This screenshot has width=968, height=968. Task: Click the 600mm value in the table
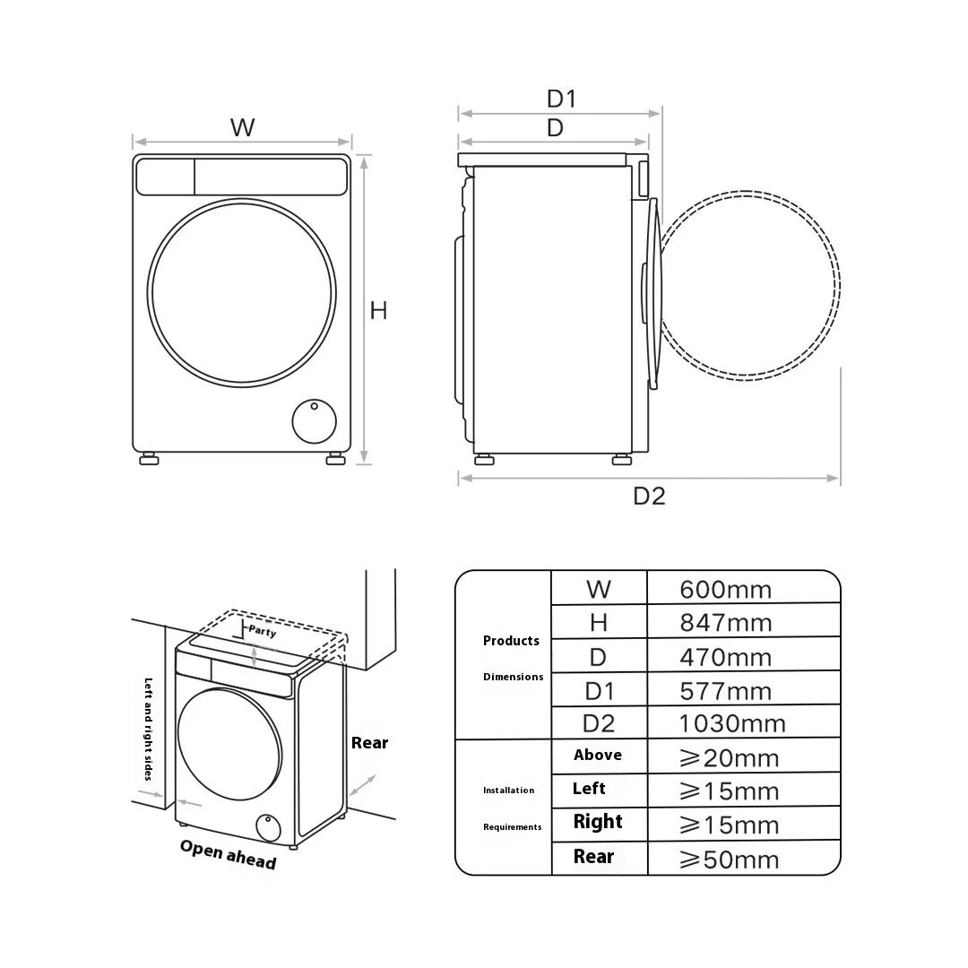pos(725,590)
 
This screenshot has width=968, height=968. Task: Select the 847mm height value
pos(726,623)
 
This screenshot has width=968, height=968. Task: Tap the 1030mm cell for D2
pos(732,723)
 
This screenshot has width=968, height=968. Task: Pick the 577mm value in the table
pos(726,691)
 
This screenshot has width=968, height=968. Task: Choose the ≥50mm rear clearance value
pos(729,860)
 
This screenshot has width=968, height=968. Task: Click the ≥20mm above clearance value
pos(729,758)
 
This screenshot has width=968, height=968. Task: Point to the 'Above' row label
pos(598,755)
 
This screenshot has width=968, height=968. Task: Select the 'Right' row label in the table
pos(598,822)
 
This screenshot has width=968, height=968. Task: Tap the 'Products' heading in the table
pos(511,641)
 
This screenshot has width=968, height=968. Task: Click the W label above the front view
pos(243,128)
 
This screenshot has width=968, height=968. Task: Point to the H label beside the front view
pos(378,310)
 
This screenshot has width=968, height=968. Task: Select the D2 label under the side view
pos(650,497)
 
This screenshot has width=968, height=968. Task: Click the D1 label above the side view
pos(562,99)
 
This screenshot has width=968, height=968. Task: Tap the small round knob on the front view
pos(315,421)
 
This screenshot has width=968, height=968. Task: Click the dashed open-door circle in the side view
pos(749,285)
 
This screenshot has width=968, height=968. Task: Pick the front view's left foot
pos(149,459)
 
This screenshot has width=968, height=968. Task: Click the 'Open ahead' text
pos(228,854)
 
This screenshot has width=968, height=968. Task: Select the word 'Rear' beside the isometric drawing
pos(370,743)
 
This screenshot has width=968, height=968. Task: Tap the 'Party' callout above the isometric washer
pos(263,631)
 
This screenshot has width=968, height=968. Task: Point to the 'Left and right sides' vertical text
pos(148,729)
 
